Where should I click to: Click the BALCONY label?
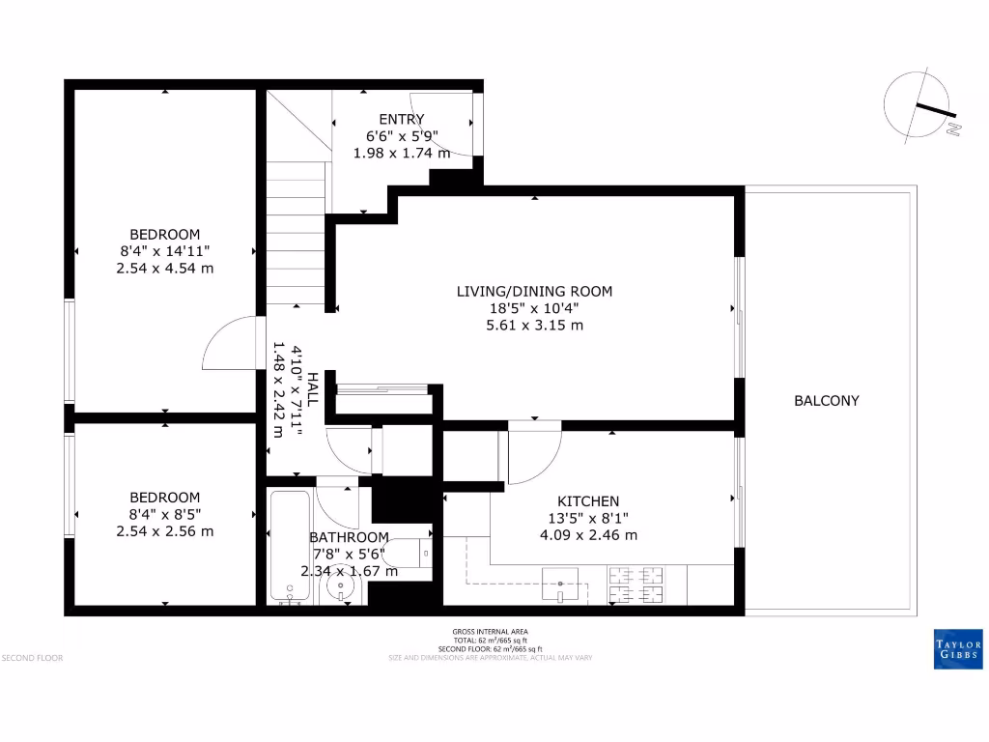(826, 401)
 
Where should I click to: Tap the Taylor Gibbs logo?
(958, 650)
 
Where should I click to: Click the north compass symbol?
(918, 106)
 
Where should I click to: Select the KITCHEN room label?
(588, 501)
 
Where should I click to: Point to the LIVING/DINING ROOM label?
(534, 291)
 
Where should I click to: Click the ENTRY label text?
(401, 120)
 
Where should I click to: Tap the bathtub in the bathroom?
(290, 546)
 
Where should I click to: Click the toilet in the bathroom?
(416, 553)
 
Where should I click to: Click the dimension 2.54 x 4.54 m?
(165, 268)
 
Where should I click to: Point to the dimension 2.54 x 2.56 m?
(165, 531)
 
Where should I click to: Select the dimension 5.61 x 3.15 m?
(534, 326)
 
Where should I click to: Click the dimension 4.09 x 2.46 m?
(588, 535)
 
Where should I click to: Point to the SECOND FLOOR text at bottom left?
(33, 658)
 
